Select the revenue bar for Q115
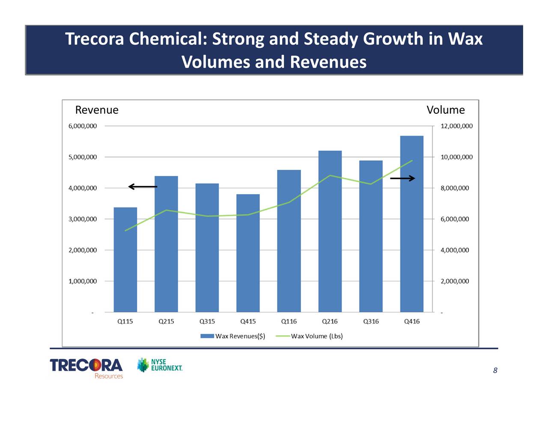tap(125, 260)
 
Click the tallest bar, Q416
tap(411, 224)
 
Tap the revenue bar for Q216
tap(330, 231)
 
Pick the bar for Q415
tap(248, 253)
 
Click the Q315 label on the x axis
tap(207, 321)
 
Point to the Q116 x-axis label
tap(289, 321)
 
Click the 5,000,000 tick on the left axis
tap(83, 157)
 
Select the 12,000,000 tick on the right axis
tap(456, 126)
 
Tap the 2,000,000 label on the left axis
tap(83, 250)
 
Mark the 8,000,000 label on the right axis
tap(455, 188)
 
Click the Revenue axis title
tap(97, 110)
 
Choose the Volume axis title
tap(446, 110)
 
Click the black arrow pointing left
tap(143, 186)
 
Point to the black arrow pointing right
tap(402, 178)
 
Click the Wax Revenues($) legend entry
tap(233, 336)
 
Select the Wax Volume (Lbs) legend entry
tap(309, 336)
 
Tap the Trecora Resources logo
tap(86, 368)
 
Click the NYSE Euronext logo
tap(160, 365)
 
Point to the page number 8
tap(495, 370)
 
